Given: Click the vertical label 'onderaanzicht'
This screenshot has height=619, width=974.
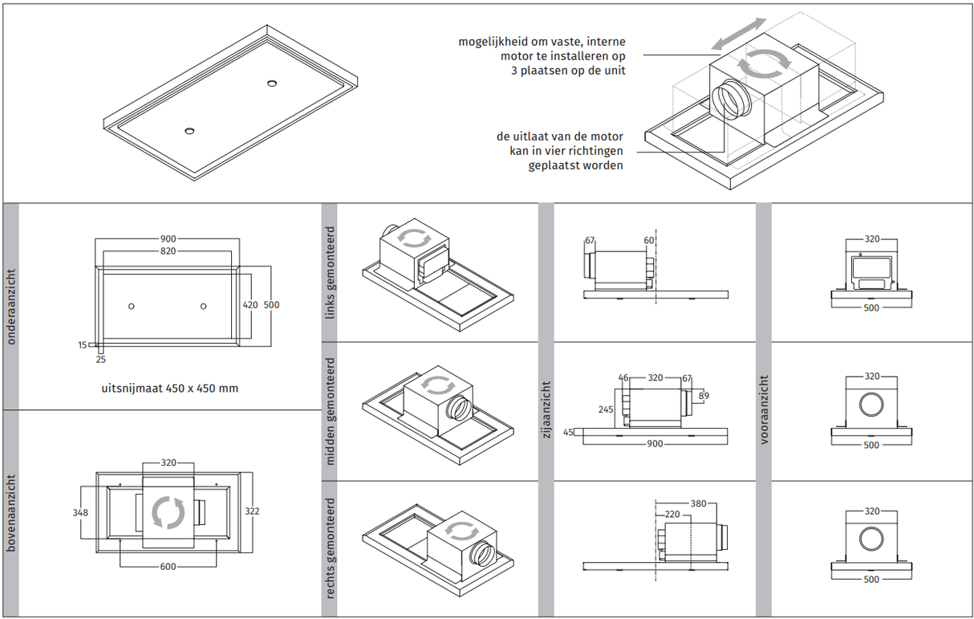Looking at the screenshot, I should click(x=11, y=307).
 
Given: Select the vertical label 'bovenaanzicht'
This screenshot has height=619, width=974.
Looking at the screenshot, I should click(x=11, y=514).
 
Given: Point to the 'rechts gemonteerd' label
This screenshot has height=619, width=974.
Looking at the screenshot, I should click(x=330, y=549).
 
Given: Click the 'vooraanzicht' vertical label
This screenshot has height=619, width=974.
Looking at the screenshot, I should click(x=765, y=410).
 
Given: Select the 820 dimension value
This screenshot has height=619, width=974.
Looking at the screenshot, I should click(x=167, y=251).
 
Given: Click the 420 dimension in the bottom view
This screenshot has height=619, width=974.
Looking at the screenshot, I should click(x=251, y=305).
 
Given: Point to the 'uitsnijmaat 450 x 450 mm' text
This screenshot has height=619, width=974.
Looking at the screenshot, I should click(x=169, y=389).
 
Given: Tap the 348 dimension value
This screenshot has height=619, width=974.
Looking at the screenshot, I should click(x=79, y=512).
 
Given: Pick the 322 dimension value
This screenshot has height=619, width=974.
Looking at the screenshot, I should click(x=252, y=511).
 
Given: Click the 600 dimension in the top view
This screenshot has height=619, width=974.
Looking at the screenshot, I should click(x=168, y=567).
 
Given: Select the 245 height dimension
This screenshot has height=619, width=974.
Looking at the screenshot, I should click(x=606, y=409).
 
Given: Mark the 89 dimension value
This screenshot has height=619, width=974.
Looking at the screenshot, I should click(x=704, y=395).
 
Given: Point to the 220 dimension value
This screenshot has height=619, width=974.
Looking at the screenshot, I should click(x=672, y=515).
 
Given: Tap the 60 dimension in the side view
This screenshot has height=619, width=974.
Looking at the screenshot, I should click(x=648, y=240).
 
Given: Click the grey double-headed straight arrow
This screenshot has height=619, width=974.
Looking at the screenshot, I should click(x=737, y=35).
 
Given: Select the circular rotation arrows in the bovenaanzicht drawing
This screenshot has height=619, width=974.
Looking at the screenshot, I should click(x=168, y=513).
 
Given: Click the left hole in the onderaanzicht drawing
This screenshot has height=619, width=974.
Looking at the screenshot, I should click(x=132, y=306).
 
